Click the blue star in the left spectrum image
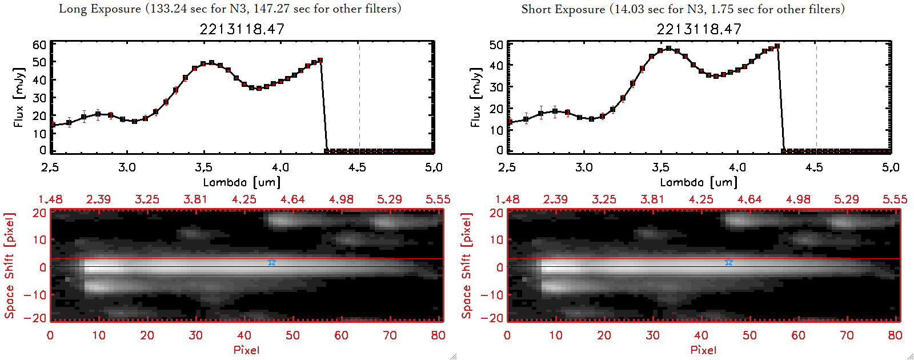272,262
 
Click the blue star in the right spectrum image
729,262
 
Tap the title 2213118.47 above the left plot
242,29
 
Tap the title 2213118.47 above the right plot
699,29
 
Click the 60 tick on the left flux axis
39,45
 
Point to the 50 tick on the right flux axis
496,45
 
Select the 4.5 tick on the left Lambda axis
357,167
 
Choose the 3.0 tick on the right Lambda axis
584,167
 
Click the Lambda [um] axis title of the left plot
242,182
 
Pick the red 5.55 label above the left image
438,199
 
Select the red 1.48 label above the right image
507,199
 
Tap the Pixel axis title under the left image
246,350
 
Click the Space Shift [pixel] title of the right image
467,266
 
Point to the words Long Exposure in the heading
100,9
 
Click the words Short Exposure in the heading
563,9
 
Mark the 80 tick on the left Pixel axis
438,335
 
